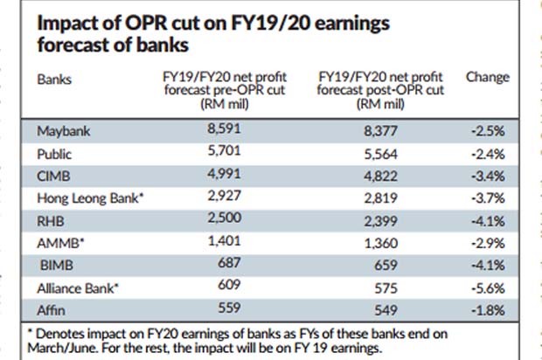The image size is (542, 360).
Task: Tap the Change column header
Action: (488, 77)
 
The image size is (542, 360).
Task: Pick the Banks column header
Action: (54, 78)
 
